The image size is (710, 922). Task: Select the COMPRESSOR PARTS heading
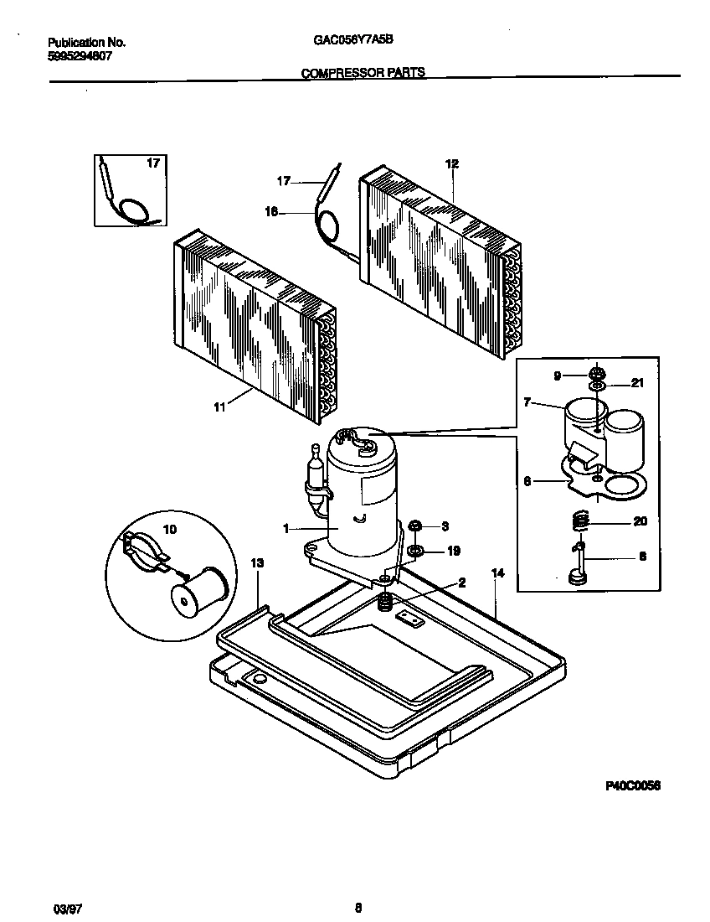click(x=363, y=73)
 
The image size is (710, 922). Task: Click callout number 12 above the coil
click(x=451, y=164)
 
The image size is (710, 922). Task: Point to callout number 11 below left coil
click(x=219, y=407)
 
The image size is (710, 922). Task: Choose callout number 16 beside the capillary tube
click(x=270, y=212)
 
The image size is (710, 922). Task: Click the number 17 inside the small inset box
click(x=152, y=163)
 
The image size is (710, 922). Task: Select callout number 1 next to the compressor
click(x=286, y=529)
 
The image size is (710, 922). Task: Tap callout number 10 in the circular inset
click(x=169, y=530)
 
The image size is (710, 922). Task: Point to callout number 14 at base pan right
click(x=498, y=573)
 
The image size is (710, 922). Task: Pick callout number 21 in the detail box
click(x=637, y=384)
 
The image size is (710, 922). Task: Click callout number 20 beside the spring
click(x=641, y=521)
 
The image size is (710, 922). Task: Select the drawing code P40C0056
click(x=633, y=786)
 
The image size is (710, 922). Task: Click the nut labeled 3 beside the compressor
click(x=414, y=526)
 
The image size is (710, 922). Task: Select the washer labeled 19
click(x=414, y=551)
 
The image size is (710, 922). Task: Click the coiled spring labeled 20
click(x=579, y=521)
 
